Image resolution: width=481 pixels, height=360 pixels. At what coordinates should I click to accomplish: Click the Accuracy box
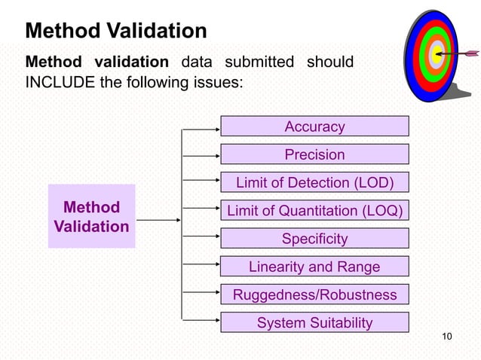point(314,127)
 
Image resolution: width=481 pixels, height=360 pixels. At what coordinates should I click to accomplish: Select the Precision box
point(314,154)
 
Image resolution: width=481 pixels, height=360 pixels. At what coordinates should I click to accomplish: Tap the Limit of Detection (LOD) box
point(314,183)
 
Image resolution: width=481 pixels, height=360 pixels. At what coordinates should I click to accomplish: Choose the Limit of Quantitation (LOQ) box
point(314,211)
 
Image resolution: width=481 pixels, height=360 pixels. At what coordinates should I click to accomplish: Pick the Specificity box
point(314,239)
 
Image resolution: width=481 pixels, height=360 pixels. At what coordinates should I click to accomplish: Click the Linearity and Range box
point(314,267)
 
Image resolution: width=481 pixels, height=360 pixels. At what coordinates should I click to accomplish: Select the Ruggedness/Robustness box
point(314,294)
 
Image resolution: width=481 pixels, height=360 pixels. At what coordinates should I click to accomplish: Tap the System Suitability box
point(314,322)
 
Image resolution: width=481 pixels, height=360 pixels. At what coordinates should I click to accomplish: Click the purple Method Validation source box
point(91,216)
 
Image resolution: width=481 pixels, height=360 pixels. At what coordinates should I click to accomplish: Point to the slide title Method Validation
point(115,31)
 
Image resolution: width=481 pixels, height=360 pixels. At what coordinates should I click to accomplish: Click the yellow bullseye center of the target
point(435,53)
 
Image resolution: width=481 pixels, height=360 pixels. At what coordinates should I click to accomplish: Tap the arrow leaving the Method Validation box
point(157,221)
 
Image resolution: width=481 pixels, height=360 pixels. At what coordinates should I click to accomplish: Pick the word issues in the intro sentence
point(218,82)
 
